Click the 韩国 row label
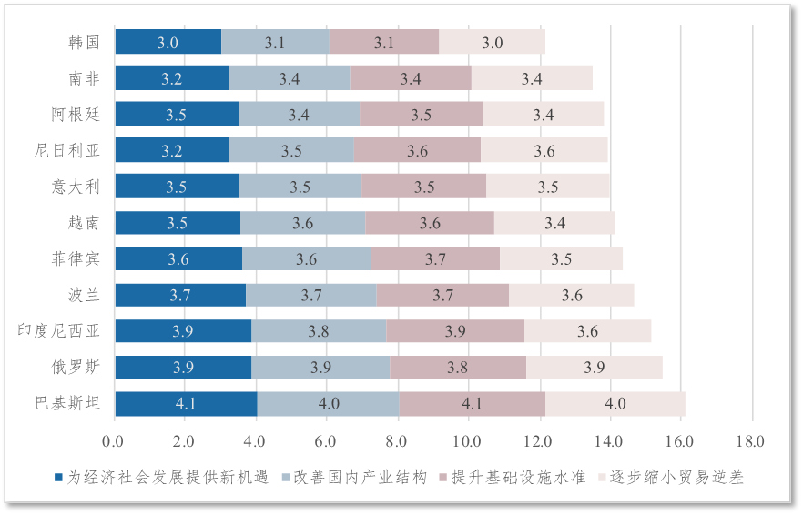point(84,42)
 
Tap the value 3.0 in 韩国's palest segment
point(493,42)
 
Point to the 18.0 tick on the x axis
point(750,441)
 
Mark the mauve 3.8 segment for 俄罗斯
point(458,368)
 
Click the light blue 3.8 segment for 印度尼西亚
point(319,331)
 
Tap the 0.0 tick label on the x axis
point(113,441)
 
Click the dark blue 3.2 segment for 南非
point(172,78)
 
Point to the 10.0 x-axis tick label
point(467,441)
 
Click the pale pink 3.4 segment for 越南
point(554,223)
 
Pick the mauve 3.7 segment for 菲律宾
point(435,259)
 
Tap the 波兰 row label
point(84,295)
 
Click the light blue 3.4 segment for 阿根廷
point(299,115)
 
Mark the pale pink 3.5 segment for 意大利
point(548,187)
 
